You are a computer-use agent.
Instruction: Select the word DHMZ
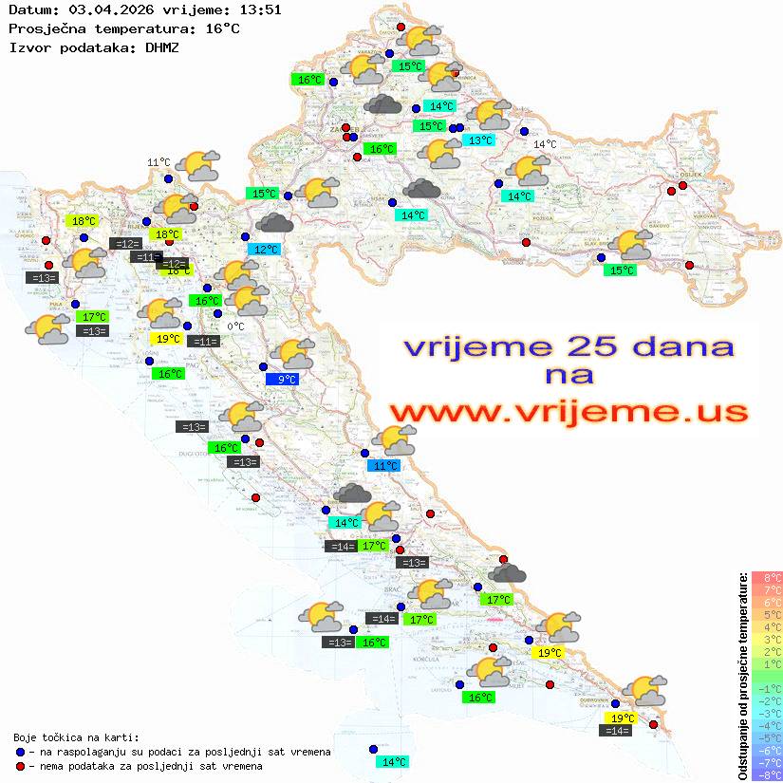[161, 47]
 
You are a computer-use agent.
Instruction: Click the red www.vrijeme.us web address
[568, 413]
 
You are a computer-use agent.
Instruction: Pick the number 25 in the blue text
[594, 346]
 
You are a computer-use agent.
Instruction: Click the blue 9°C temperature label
[287, 380]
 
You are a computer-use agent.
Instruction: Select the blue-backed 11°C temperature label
[384, 466]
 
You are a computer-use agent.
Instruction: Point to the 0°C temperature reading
[235, 327]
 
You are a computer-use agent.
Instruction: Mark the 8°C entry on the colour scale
[767, 578]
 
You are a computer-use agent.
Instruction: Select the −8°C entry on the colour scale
[767, 775]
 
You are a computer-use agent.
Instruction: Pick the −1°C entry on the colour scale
[767, 689]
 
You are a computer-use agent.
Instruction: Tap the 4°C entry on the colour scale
[767, 627]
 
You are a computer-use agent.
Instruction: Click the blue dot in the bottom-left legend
[19, 752]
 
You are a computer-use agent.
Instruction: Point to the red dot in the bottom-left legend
[19, 766]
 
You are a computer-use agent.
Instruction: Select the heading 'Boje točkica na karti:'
[76, 737]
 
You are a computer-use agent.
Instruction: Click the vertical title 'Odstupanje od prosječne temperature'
[742, 676]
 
